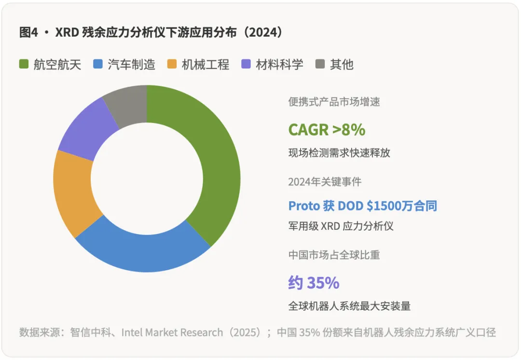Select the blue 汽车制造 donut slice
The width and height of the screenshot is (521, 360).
pyautogui.click(x=145, y=251)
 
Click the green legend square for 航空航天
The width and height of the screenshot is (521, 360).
pyautogui.click(x=24, y=64)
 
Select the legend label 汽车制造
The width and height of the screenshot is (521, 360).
pyautogui.click(x=131, y=64)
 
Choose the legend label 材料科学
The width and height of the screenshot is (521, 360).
pyautogui.click(x=279, y=64)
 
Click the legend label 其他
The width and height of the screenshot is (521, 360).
pyautogui.click(x=342, y=64)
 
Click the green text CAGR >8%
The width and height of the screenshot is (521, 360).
pyautogui.click(x=327, y=129)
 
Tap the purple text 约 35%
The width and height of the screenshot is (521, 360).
pyautogui.click(x=314, y=283)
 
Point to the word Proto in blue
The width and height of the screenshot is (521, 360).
pyautogui.click(x=304, y=206)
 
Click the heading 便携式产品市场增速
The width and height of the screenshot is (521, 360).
pyautogui.click(x=334, y=102)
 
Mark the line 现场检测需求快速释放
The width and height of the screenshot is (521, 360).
pyautogui.click(x=339, y=153)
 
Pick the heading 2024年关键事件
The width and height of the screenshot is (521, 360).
pyautogui.click(x=325, y=182)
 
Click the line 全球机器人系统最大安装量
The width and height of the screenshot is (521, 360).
pyautogui.click(x=349, y=306)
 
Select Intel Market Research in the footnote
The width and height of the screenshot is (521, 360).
pyautogui.click(x=172, y=332)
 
